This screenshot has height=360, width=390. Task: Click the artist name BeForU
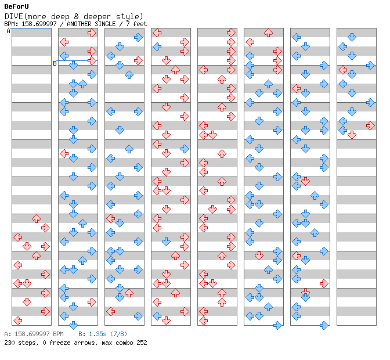[x=16, y=6]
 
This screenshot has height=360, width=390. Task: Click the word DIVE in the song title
[x=14, y=16]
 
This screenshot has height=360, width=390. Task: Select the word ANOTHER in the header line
[x=79, y=24]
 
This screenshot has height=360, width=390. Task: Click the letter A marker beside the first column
[x=9, y=31]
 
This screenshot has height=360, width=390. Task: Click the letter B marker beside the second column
[x=55, y=63]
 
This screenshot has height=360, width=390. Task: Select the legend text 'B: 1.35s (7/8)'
[x=103, y=334]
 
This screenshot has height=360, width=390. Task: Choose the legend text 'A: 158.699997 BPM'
[x=34, y=334]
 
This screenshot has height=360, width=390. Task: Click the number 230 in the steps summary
[x=9, y=343]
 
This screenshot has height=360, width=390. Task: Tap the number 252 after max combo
[x=142, y=343]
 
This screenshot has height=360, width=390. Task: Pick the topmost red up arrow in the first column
[x=37, y=218]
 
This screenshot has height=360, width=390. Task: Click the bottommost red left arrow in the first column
[x=17, y=321]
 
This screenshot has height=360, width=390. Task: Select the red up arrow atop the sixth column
[x=268, y=33]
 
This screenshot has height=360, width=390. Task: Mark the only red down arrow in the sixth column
[x=259, y=255]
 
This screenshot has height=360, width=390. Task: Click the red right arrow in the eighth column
[x=370, y=125]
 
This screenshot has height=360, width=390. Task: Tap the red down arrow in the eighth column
[x=352, y=135]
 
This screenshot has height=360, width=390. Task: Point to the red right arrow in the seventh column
[x=324, y=283]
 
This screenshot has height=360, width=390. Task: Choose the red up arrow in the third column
[x=129, y=293]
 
